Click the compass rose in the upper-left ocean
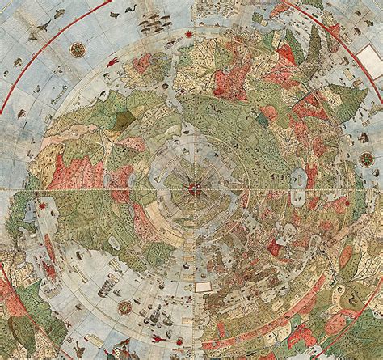tap(78, 49)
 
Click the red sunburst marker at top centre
tap(188, 34)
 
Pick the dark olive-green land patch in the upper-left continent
tap(123, 120)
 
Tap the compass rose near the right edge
tap(366, 159)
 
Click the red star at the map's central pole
tap(195, 189)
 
